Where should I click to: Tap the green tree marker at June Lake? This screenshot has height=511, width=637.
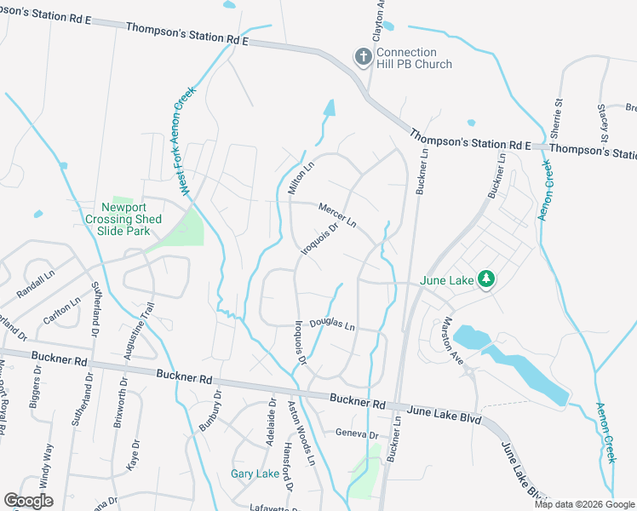pyautogui.click(x=486, y=279)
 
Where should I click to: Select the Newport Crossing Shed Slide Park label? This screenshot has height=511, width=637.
pyautogui.click(x=125, y=219)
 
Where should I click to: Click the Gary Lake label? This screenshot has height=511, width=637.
pyautogui.click(x=255, y=474)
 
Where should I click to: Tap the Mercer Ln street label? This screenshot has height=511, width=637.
pyautogui.click(x=337, y=215)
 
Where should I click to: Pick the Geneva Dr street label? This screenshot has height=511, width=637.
pyautogui.click(x=356, y=433)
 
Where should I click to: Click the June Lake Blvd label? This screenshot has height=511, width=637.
pyautogui.click(x=446, y=413)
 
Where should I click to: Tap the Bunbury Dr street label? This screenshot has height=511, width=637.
pyautogui.click(x=218, y=409)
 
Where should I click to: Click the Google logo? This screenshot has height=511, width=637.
pyautogui.click(x=28, y=501)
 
